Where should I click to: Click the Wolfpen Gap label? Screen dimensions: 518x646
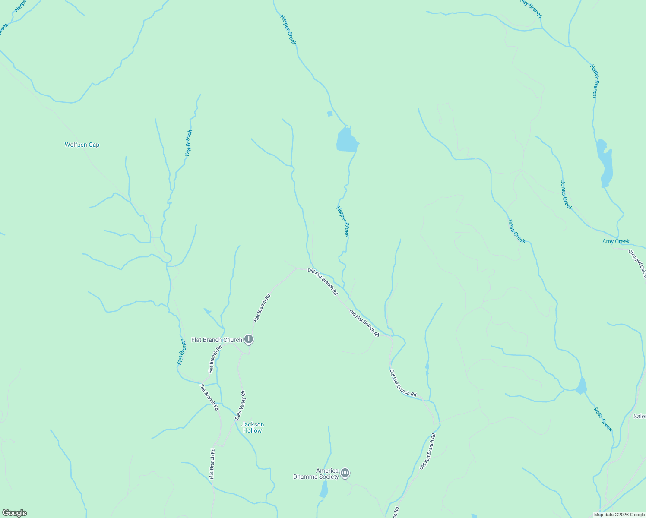point(82,145)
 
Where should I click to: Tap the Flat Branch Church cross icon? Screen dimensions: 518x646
point(249,339)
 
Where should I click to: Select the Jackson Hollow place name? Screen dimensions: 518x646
point(253,427)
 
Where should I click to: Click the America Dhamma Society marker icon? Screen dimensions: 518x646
point(345,474)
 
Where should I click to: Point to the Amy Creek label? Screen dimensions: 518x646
point(616,242)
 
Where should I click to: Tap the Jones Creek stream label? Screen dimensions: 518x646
point(566,195)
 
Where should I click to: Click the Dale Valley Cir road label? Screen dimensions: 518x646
point(240,405)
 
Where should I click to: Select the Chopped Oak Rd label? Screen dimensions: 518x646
point(637,263)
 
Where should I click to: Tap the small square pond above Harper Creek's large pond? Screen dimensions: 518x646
point(330,114)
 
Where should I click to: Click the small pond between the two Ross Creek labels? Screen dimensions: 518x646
point(582,386)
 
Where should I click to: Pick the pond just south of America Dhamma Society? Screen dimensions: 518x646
point(324,490)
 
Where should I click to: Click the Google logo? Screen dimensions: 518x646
point(14,513)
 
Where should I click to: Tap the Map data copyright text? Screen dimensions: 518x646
point(619,515)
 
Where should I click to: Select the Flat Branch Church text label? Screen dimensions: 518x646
point(217,340)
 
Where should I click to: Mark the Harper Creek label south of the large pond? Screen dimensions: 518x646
point(342,221)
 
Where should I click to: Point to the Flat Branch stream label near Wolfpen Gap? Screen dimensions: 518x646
point(189,143)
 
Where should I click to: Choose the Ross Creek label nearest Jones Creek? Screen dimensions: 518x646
point(516,231)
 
